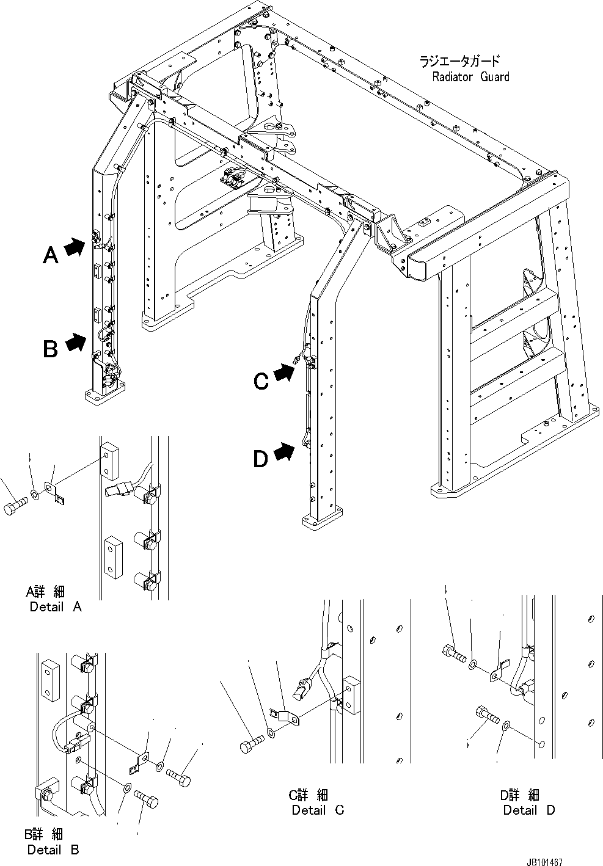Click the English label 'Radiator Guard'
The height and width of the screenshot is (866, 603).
pos(470,77)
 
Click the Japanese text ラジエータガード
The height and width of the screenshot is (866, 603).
pos(459,61)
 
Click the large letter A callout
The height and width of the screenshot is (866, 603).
pos(51,254)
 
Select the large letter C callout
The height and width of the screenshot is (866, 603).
pos(261,381)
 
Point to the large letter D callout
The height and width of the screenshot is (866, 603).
pos(261,458)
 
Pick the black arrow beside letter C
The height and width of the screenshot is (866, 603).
pos(283,373)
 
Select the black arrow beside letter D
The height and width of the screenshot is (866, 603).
pos(283,452)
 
